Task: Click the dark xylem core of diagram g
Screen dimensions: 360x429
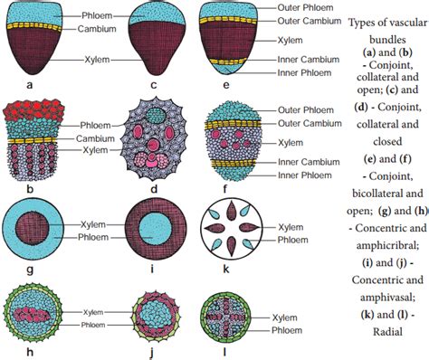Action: [x=49, y=223]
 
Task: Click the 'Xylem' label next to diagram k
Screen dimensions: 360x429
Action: [x=291, y=228]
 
